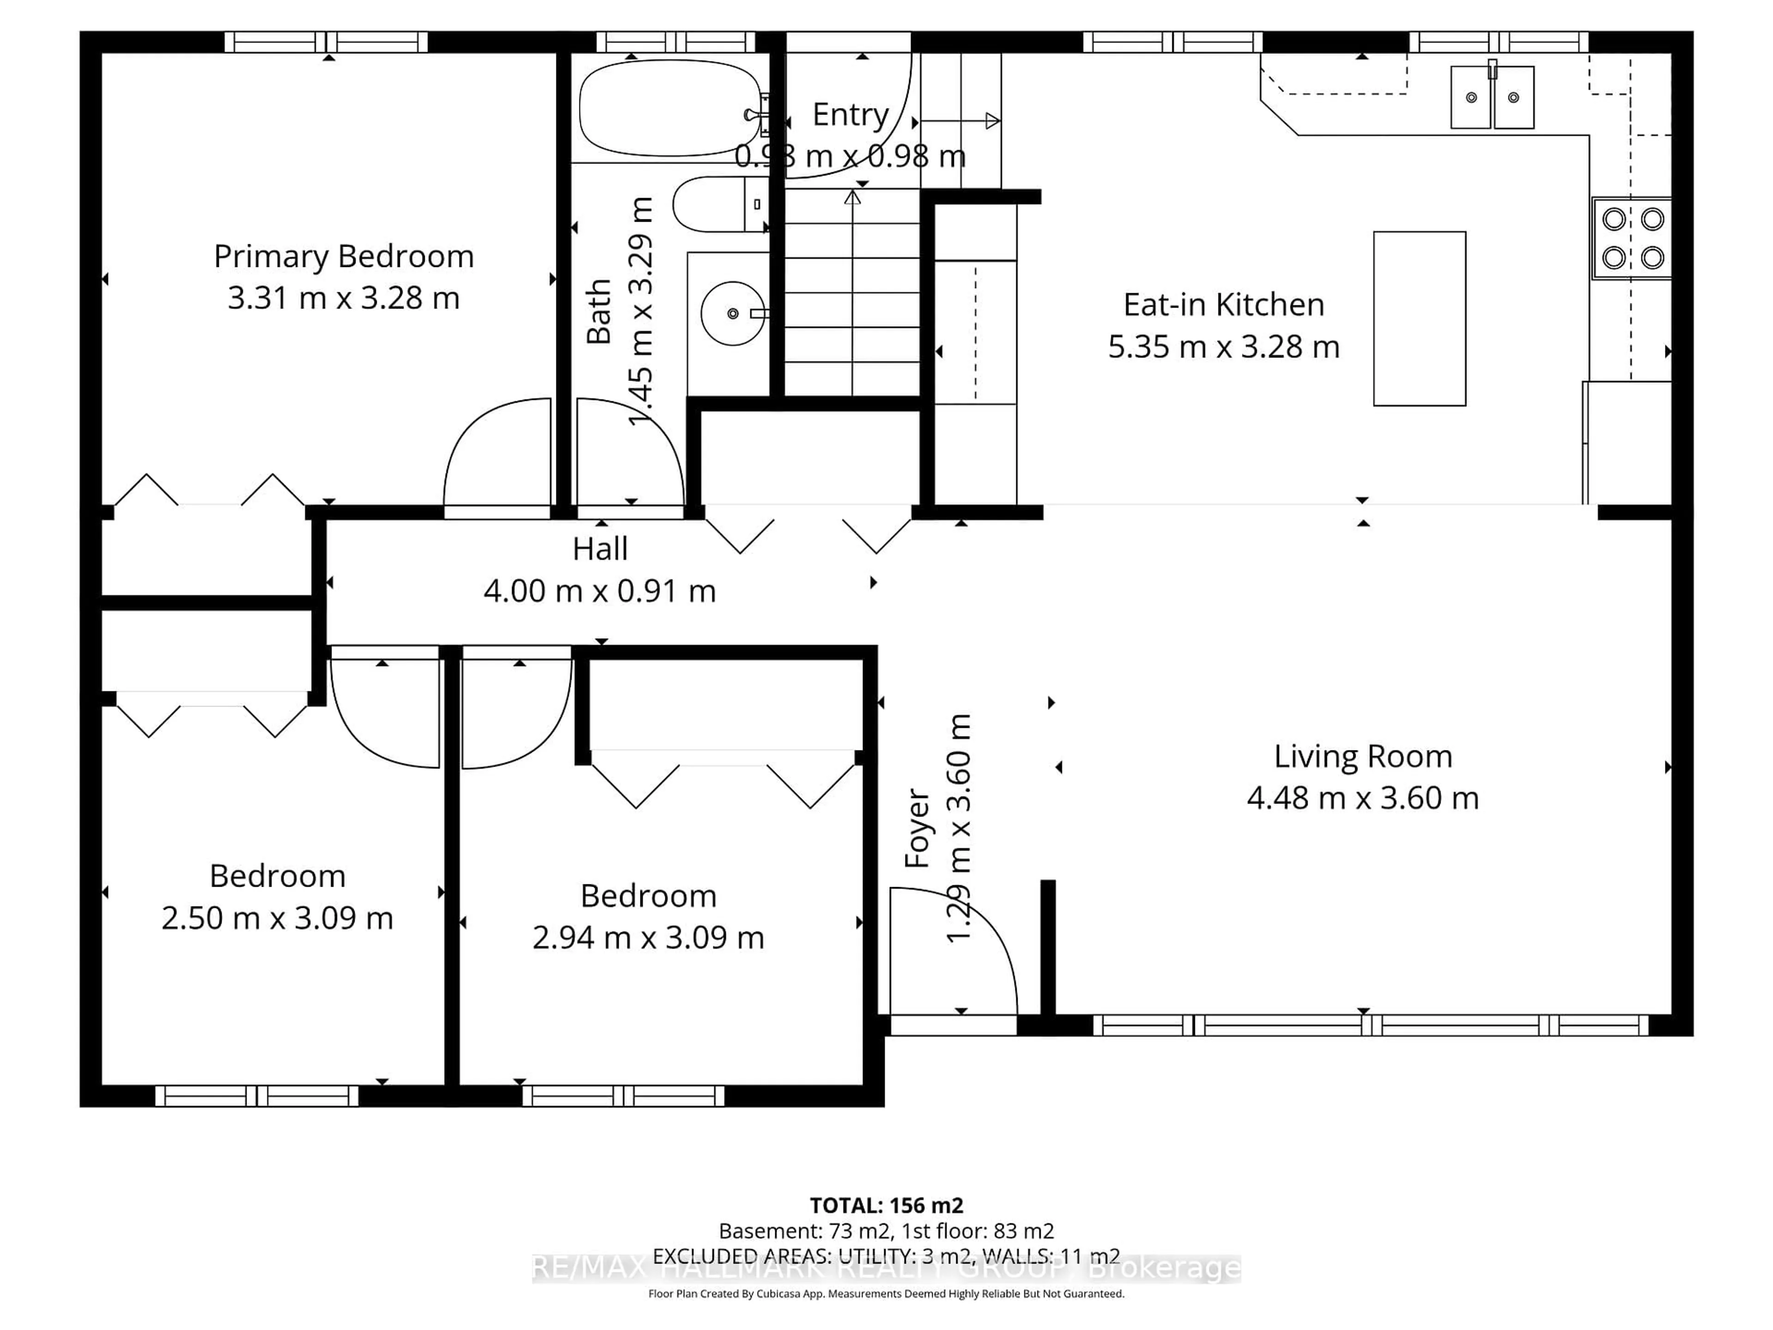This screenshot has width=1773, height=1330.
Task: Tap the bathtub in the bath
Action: (x=669, y=108)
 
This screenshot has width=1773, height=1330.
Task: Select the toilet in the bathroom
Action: (x=718, y=205)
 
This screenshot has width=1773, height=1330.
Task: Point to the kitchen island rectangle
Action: (x=1419, y=318)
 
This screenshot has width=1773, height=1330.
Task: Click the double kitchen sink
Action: (x=1492, y=98)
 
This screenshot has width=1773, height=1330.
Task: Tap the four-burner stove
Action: (x=1632, y=238)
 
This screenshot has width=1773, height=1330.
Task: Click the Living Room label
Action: (x=1363, y=756)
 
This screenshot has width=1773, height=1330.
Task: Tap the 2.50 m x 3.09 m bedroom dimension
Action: (x=277, y=918)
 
